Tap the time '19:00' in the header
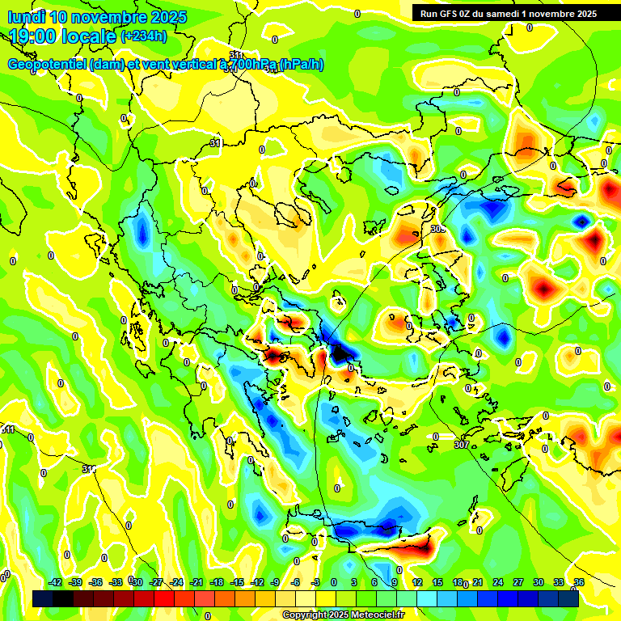click(35, 36)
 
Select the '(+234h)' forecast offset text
click(144, 36)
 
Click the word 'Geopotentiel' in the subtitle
click(46, 65)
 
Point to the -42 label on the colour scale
click(55, 582)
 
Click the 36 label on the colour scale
click(579, 582)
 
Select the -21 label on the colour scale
click(196, 582)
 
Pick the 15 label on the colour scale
click(437, 582)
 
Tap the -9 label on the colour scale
click(275, 582)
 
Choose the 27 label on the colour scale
click(518, 582)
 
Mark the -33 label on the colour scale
click(116, 582)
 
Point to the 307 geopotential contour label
click(461, 445)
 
